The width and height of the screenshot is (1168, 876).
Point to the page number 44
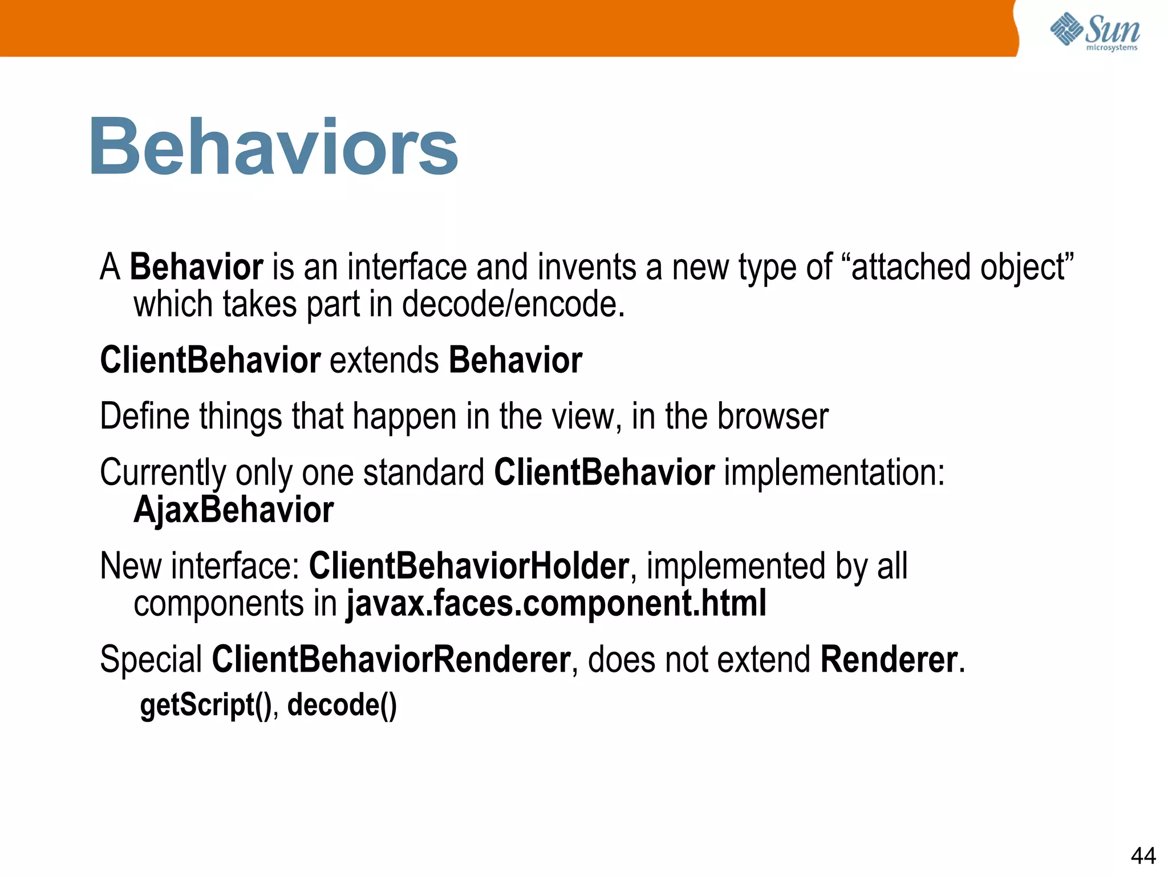(x=1143, y=855)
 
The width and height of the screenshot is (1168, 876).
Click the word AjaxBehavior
(x=233, y=510)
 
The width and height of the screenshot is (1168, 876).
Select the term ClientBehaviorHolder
(x=468, y=566)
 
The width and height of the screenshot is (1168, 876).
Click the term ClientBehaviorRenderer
(x=391, y=660)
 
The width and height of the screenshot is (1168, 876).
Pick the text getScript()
(x=206, y=705)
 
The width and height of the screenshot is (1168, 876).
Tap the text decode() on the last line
(x=342, y=705)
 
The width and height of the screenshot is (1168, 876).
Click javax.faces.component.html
(x=556, y=604)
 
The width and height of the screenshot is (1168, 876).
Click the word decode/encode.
(x=513, y=304)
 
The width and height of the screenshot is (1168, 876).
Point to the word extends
(x=384, y=361)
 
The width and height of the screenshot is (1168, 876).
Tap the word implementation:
(x=834, y=473)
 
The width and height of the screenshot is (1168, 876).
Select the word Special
(x=151, y=660)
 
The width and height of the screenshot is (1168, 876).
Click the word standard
(x=423, y=473)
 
